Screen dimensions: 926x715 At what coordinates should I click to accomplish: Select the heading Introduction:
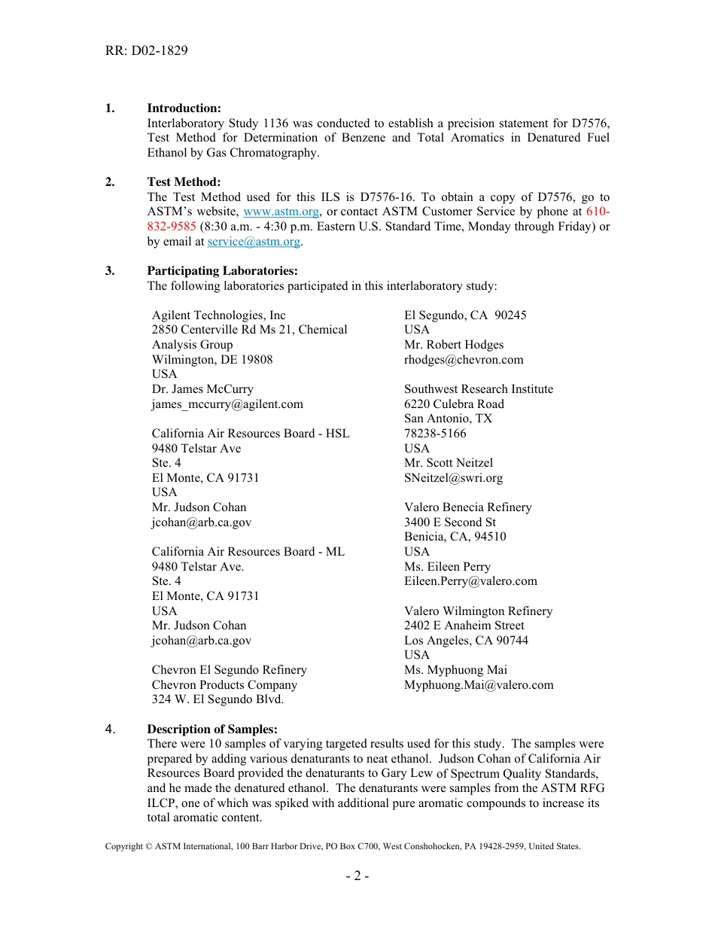[184, 108]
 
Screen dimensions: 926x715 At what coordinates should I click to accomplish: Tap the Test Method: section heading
[184, 182]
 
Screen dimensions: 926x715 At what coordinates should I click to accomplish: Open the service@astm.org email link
[254, 242]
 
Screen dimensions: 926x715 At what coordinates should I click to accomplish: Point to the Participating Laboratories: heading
[222, 271]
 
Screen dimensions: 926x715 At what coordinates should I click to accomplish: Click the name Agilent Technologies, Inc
[218, 315]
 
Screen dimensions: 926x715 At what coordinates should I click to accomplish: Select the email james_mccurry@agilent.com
[227, 404]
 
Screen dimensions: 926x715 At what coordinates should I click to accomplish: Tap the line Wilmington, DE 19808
[212, 360]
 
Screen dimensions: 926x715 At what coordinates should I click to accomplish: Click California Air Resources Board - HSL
[251, 434]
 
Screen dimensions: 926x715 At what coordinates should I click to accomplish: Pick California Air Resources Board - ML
[248, 552]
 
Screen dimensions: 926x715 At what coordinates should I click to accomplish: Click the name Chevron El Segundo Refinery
[229, 670]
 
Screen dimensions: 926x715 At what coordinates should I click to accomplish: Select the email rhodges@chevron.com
[464, 360]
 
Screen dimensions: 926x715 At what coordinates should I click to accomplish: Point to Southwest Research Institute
[478, 389]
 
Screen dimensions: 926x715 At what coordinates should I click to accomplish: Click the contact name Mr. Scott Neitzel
[448, 463]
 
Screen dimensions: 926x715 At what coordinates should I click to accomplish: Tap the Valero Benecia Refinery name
[467, 507]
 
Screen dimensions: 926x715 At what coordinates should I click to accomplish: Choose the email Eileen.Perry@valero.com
[470, 581]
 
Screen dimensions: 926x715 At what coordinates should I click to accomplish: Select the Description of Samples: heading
[212, 730]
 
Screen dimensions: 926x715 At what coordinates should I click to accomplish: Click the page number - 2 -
[357, 876]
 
